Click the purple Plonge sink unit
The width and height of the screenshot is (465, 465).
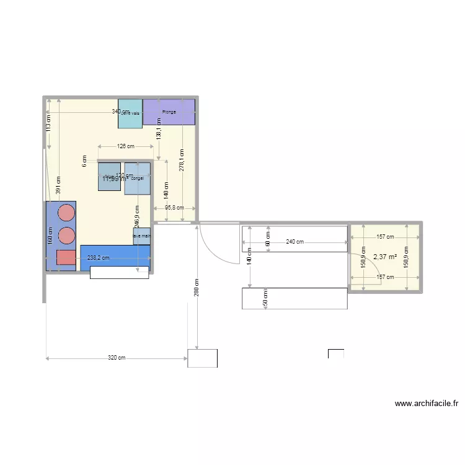pyautogui.click(x=169, y=112)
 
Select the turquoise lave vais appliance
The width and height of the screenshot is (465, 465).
pyautogui.click(x=130, y=114)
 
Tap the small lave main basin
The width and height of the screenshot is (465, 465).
pyautogui.click(x=142, y=236)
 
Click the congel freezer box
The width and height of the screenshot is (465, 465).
pyautogui.click(x=138, y=179)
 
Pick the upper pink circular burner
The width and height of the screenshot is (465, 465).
pyautogui.click(x=66, y=213)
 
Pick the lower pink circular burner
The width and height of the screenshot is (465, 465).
pyautogui.click(x=66, y=236)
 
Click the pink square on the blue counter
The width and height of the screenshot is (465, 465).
pyautogui.click(x=65, y=257)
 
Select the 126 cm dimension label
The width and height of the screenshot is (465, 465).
pyautogui.click(x=126, y=146)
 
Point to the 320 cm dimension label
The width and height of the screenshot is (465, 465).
pyautogui.click(x=117, y=358)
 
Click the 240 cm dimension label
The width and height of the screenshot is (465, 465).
pyautogui.click(x=295, y=242)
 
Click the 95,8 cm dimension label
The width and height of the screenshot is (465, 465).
pyautogui.click(x=174, y=208)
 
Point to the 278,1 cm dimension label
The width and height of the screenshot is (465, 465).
pyautogui.click(x=182, y=159)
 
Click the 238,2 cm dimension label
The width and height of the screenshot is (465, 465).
pyautogui.click(x=98, y=258)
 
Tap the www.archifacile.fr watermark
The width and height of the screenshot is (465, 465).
pyautogui.click(x=426, y=404)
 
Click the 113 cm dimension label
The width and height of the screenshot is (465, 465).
pyautogui.click(x=48, y=123)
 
